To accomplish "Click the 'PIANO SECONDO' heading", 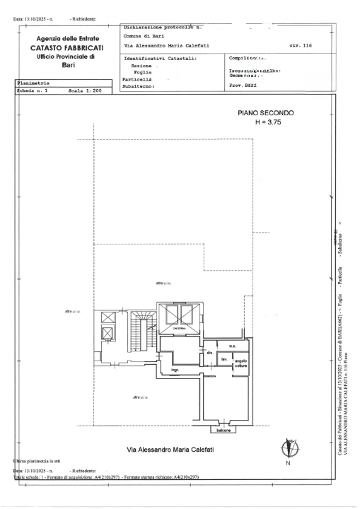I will pos(265,113).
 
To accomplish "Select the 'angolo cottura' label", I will pos(242,362).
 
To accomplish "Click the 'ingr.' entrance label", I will pos(175,370).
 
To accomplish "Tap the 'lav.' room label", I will pos(223,359).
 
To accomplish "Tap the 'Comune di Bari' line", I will pos(144,36).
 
